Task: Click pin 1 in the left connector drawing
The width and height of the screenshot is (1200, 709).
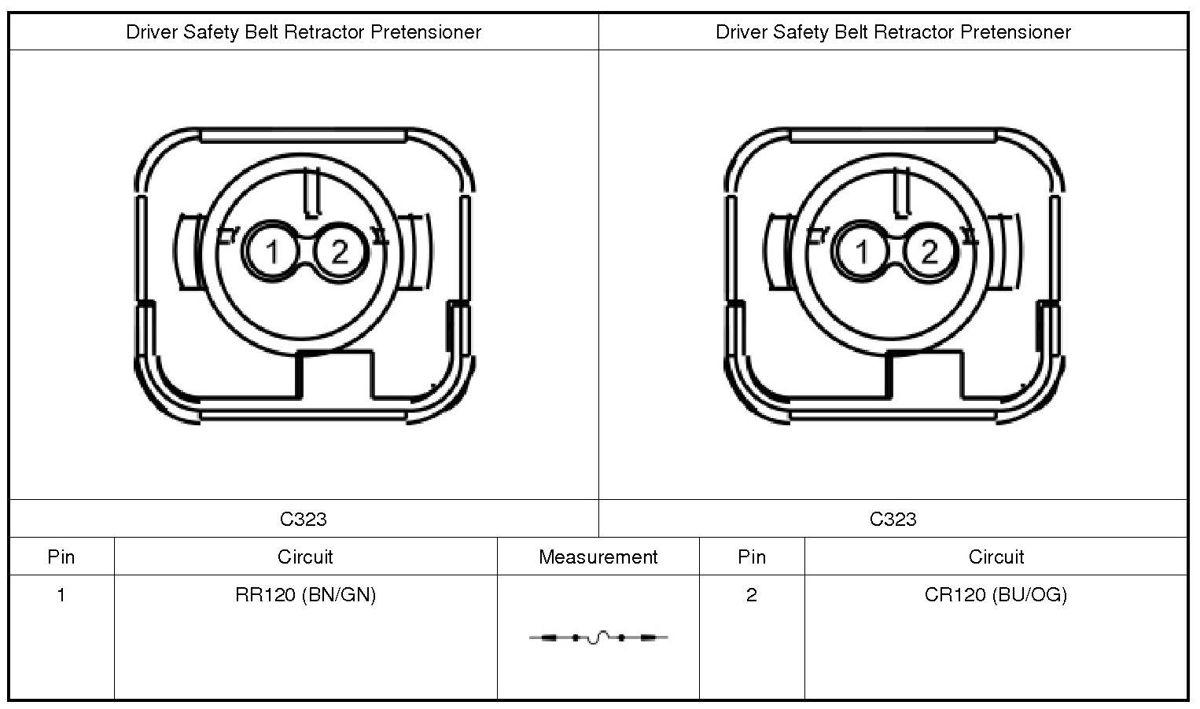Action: (271, 252)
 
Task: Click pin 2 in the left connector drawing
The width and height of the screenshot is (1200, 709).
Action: (339, 252)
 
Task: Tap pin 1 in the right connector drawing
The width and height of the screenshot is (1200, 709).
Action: (861, 252)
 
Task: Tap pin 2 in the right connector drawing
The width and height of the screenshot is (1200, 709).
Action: (929, 252)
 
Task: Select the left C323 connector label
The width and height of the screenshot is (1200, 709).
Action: (304, 519)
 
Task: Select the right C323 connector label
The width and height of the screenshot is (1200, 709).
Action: (893, 519)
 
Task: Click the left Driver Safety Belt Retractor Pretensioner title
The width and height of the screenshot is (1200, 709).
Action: (304, 32)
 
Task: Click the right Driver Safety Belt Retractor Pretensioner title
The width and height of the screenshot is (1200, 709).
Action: (893, 32)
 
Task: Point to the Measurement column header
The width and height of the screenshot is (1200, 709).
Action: (598, 557)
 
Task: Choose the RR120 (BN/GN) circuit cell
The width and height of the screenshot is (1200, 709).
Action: (305, 595)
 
